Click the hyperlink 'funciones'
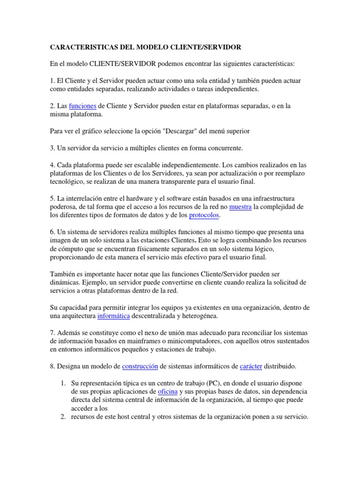click(82, 106)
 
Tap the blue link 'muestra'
click(240, 207)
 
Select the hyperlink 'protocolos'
click(204, 216)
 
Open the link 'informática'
click(114, 316)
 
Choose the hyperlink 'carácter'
click(250, 366)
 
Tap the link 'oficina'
click(167, 391)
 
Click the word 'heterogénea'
click(197, 316)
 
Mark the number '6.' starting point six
click(52, 232)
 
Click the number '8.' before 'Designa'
click(52, 366)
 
